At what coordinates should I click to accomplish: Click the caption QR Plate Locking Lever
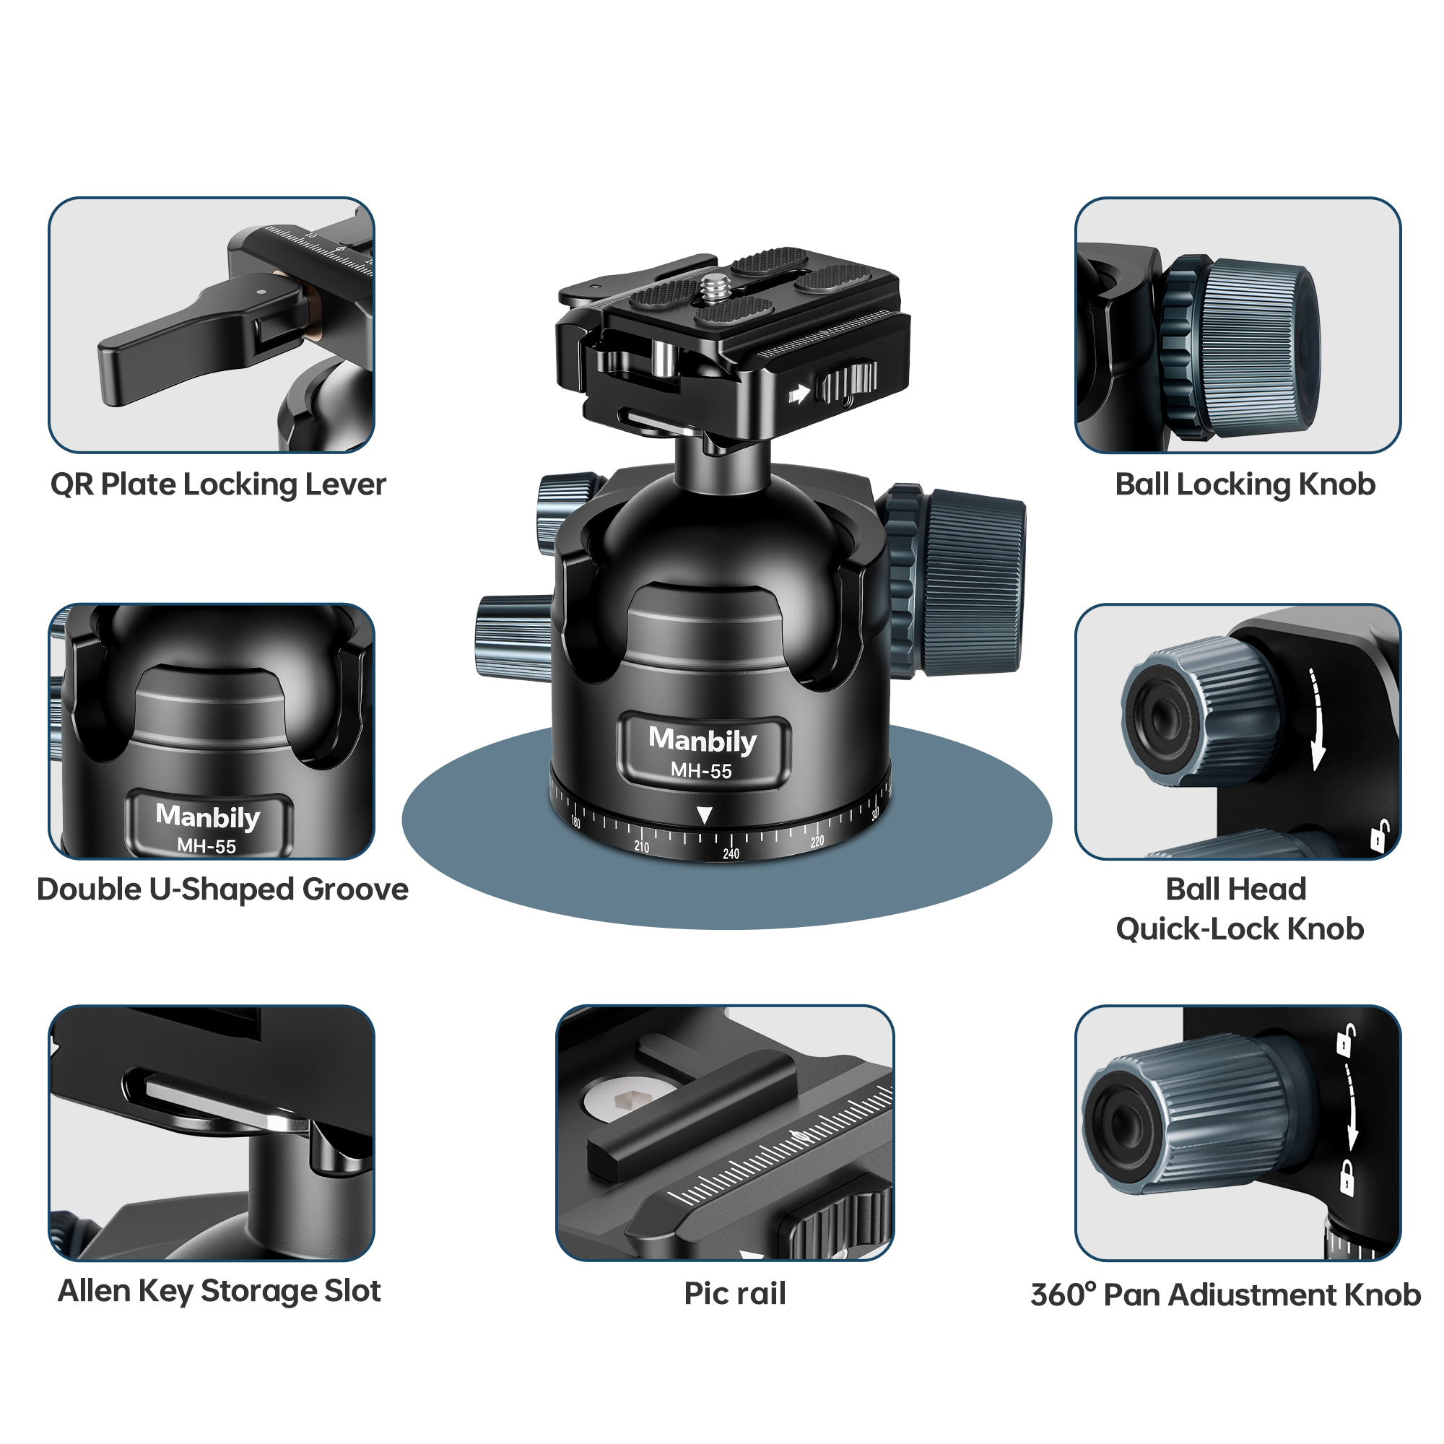coord(217,484)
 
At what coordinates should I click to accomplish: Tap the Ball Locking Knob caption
coord(1245,484)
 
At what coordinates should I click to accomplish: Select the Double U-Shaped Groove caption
coord(222,890)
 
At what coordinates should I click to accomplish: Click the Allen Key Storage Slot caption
coord(219,1291)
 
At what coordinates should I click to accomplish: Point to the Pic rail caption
coord(735,1294)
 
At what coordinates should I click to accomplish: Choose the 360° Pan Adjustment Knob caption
coord(1225,1295)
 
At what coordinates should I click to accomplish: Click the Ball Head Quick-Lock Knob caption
coord(1238,909)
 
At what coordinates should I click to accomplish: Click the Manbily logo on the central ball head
coord(702,740)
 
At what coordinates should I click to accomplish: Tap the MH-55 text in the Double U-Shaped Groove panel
coord(206,846)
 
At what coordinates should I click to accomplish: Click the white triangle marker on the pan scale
coord(703,814)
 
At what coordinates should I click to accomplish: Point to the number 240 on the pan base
coord(730,853)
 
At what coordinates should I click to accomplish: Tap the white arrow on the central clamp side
coord(799,394)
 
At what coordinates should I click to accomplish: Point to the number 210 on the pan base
coord(641,847)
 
